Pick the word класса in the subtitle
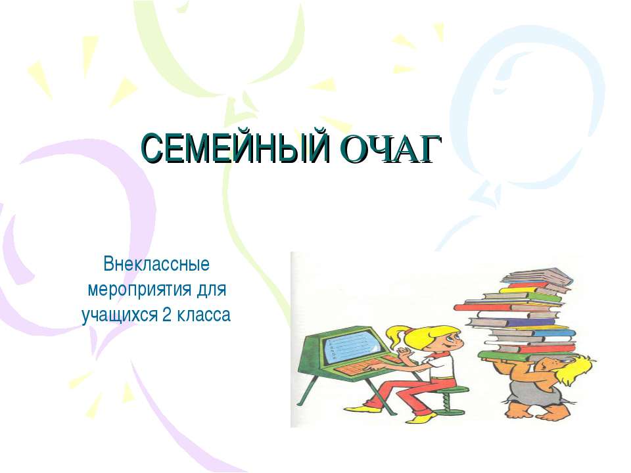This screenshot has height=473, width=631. point(204,315)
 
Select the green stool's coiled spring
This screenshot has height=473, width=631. point(452,405)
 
